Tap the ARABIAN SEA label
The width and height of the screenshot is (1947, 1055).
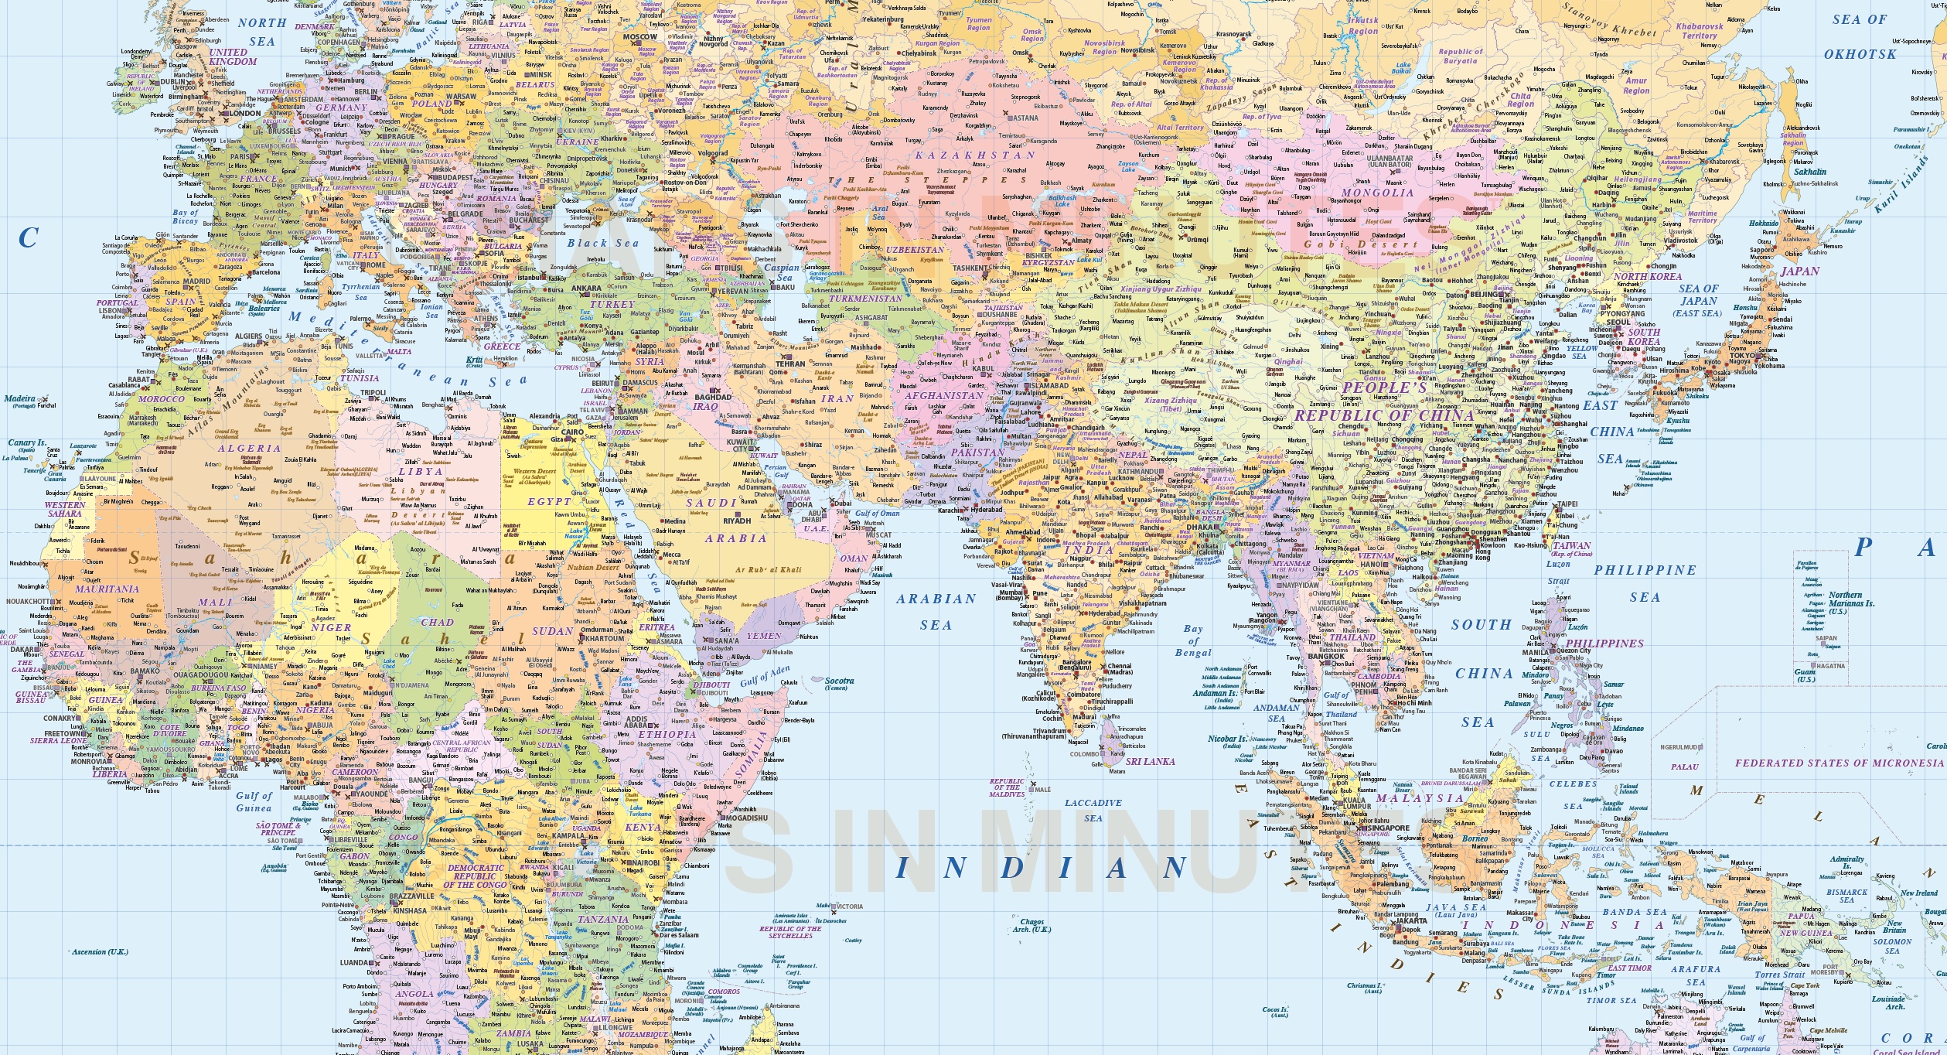click(936, 611)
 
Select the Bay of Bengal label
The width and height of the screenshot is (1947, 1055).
click(1193, 640)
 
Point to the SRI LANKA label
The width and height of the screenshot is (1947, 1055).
click(1150, 761)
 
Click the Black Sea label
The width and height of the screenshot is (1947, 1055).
click(603, 243)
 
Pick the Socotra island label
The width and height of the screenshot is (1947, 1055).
click(838, 684)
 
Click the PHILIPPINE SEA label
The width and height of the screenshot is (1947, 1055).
click(1645, 583)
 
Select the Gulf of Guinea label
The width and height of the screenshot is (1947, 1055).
click(254, 801)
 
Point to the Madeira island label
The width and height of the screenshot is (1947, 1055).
click(21, 400)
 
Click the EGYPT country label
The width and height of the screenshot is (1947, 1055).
click(549, 501)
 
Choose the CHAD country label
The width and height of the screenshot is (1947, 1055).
click(437, 622)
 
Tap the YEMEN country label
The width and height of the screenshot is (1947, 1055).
click(764, 636)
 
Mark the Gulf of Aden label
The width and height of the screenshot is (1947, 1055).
click(765, 678)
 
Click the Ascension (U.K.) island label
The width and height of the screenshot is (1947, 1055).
click(100, 951)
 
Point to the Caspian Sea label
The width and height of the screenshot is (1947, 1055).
click(782, 272)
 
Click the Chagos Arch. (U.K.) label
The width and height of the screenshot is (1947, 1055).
click(1032, 925)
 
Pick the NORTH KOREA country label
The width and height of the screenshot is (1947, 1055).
click(1647, 276)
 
